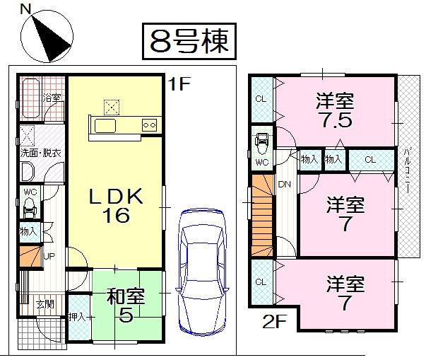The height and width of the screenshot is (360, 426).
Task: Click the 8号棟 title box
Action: pyautogui.click(x=189, y=41)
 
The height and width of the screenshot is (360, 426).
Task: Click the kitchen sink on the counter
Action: pyautogui.click(x=106, y=125)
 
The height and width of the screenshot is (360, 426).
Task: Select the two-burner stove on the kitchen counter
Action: pyautogui.click(x=150, y=125)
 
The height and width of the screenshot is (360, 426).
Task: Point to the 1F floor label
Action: pyautogui.click(x=179, y=85)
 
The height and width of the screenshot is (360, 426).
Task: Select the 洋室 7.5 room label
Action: pyautogui.click(x=334, y=110)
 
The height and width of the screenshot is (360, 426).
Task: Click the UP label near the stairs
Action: pyautogui.click(x=50, y=257)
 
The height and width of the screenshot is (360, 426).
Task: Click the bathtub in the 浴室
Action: pyautogui.click(x=30, y=99)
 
